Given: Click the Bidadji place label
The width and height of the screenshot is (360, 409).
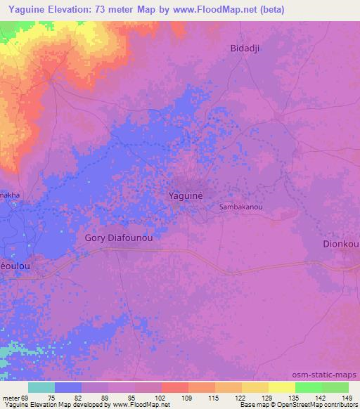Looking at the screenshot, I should [x=245, y=48].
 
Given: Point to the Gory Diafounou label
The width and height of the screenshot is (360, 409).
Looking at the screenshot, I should [x=119, y=238].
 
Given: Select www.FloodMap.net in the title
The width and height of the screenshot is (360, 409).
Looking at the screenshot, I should [x=231, y=8].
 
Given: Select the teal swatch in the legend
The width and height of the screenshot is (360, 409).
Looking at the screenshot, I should [x=41, y=387].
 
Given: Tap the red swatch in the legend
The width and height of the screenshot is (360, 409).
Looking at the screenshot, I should [x=175, y=387].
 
